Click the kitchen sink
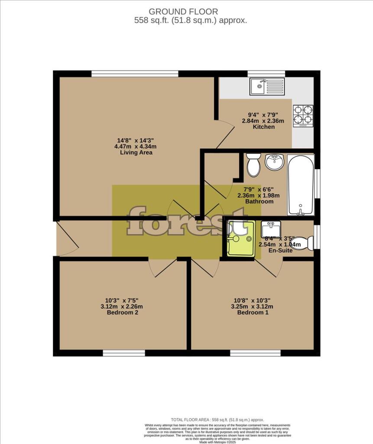(x=267, y=87)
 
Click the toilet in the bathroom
(x=252, y=165)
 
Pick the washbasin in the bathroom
(x=274, y=162)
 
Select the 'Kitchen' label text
(x=264, y=127)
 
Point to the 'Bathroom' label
(x=259, y=202)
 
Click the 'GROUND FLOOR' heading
(x=183, y=12)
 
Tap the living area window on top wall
(x=135, y=74)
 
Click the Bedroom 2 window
(x=124, y=353)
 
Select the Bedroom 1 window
(x=255, y=353)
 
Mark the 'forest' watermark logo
(x=187, y=222)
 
